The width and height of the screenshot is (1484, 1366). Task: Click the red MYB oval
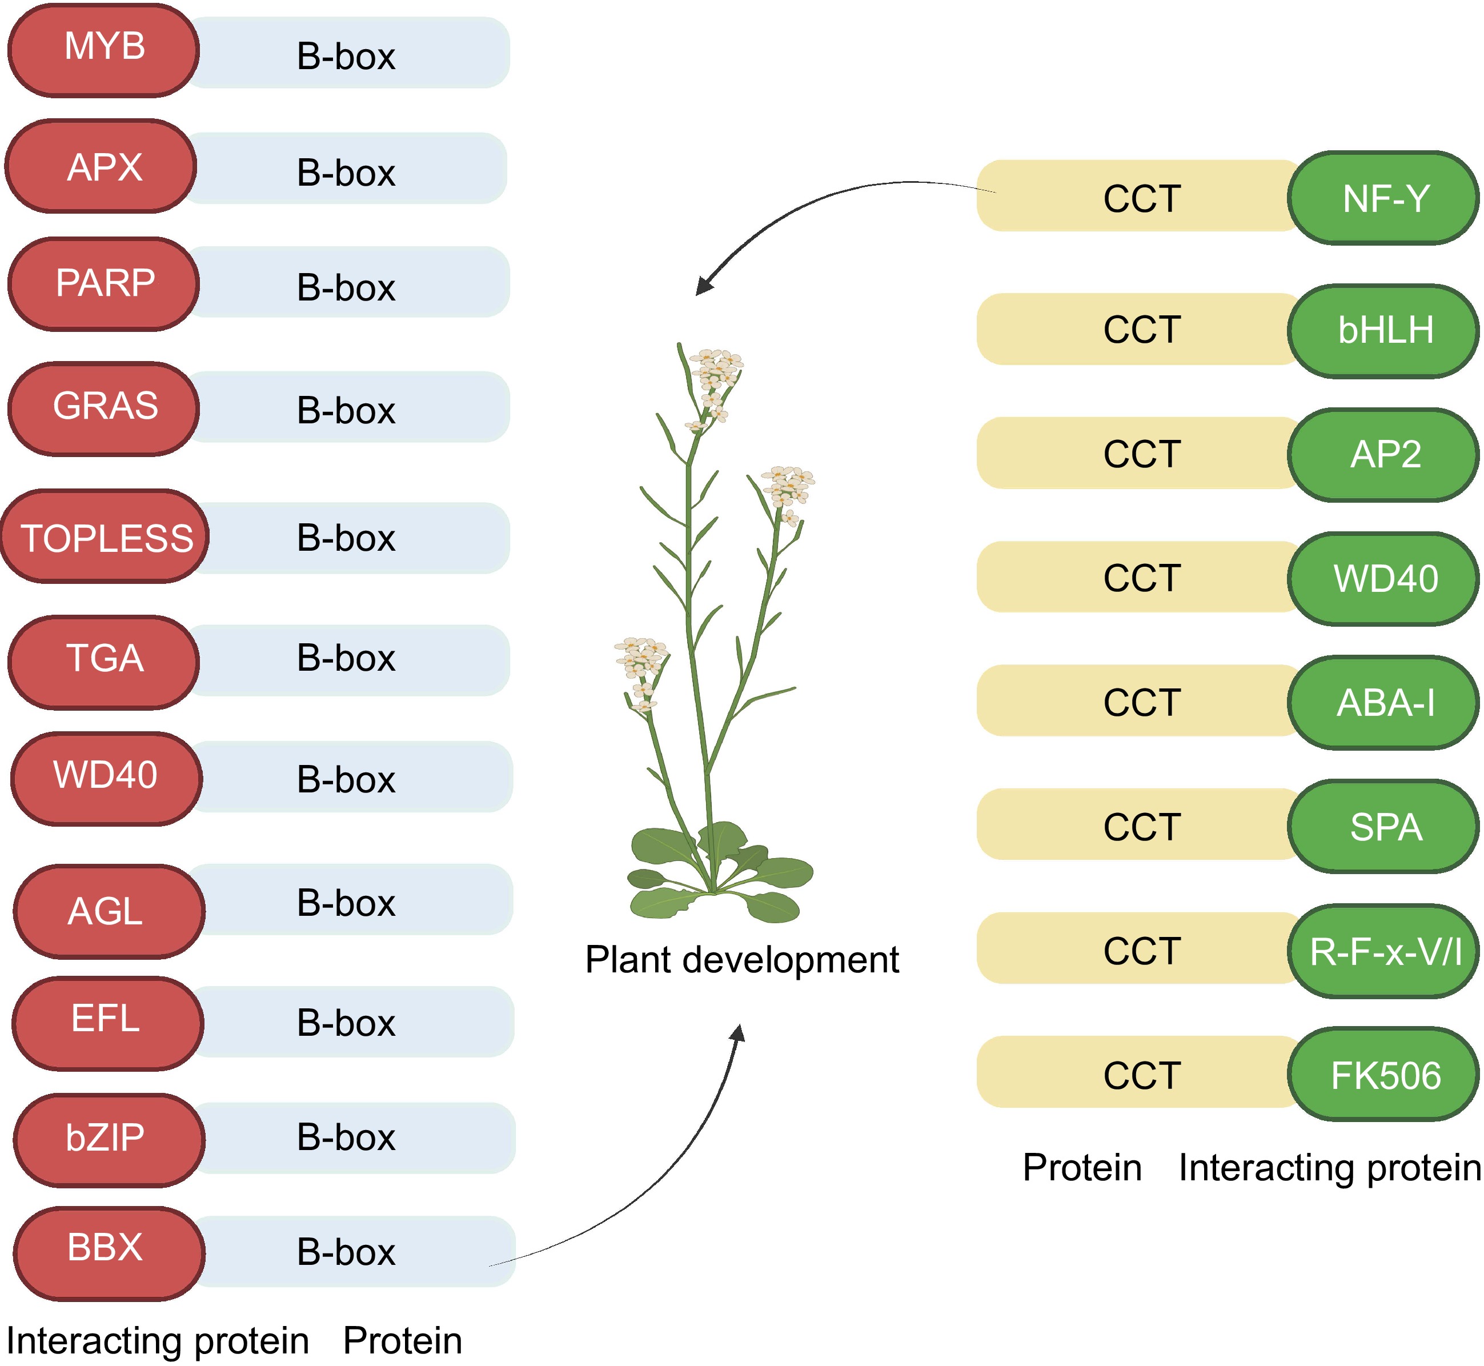pyautogui.click(x=103, y=50)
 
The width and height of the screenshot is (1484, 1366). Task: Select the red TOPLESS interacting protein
pyautogui.click(x=105, y=536)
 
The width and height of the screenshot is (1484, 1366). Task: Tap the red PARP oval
pyautogui.click(x=103, y=284)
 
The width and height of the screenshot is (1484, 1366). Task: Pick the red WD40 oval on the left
pyautogui.click(x=106, y=778)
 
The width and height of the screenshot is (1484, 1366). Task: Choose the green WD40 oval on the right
pyautogui.click(x=1383, y=579)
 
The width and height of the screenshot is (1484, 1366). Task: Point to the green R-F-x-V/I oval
pyautogui.click(x=1383, y=951)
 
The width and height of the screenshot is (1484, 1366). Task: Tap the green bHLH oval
pyautogui.click(x=1383, y=330)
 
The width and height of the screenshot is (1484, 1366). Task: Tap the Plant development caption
pyautogui.click(x=741, y=959)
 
